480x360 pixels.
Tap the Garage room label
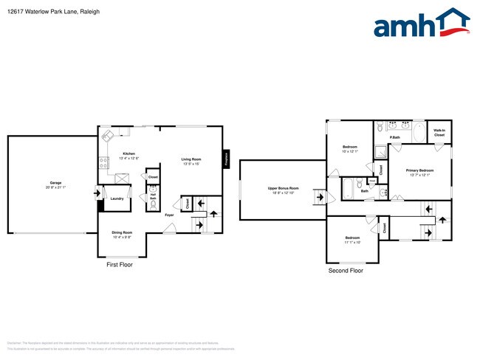pos(55,183)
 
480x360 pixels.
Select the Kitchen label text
pos(129,153)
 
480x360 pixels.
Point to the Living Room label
pos(191,159)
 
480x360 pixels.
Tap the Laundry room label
pos(117,198)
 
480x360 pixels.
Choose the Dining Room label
pos(122,233)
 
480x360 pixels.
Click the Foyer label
pos(169,215)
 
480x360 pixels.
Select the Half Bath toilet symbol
pos(154,206)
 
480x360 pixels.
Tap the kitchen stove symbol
pos(104,160)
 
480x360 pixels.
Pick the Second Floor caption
pos(346,271)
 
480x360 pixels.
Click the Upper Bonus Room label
pos(283,189)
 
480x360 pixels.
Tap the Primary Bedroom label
pos(420,170)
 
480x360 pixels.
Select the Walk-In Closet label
pos(439,134)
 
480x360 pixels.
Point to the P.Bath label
pos(395,137)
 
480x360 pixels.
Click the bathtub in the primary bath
pos(418,133)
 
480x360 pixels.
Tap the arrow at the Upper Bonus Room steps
pos(319,197)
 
